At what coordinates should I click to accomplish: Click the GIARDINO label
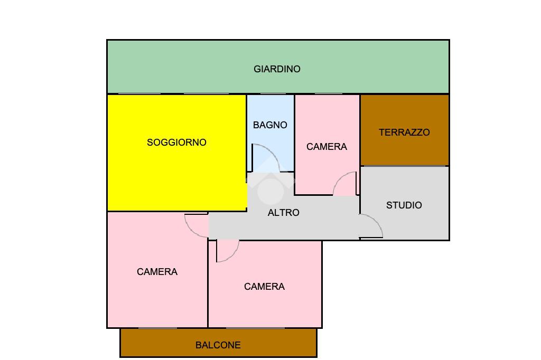pos(277,69)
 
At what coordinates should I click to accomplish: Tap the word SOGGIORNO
pos(176,143)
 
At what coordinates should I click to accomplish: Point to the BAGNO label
pos(270,125)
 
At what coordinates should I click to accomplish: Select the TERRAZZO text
pos(404,132)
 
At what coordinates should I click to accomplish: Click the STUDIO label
pos(404,205)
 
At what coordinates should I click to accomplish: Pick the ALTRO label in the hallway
pos(284,213)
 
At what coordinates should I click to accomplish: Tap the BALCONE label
pos(218,345)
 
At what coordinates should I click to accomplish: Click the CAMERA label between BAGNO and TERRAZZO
pos(327,147)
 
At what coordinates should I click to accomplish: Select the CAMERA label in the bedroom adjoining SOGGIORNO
pos(157,272)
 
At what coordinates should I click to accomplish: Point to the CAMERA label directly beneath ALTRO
pos(264,287)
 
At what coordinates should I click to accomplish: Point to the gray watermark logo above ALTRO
pos(270,182)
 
